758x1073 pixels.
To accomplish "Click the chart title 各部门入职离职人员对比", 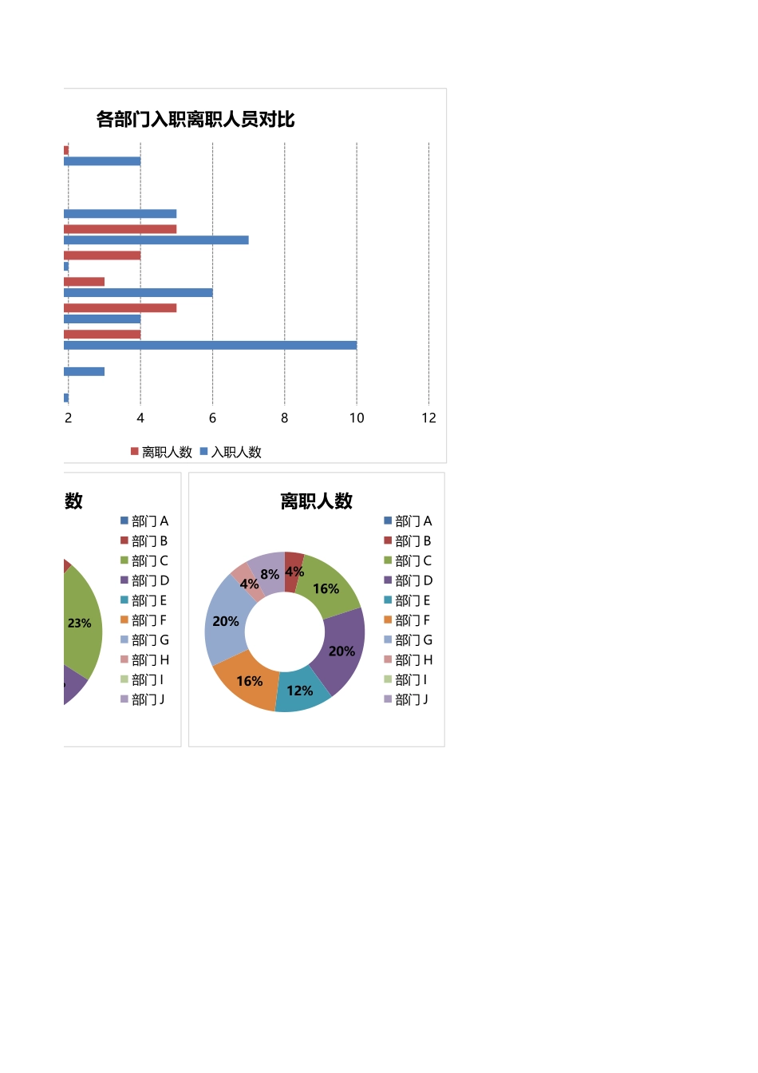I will (x=195, y=120).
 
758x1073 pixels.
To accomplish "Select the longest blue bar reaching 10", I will (x=210, y=346).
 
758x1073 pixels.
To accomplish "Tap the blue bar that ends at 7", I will (x=156, y=240).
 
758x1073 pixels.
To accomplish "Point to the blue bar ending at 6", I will (x=138, y=293).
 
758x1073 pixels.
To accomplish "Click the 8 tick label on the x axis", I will (x=284, y=418).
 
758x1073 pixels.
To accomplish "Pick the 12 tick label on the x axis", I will (x=428, y=418).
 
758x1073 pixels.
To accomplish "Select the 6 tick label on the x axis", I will (x=212, y=418).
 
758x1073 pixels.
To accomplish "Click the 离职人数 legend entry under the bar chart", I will (x=161, y=453).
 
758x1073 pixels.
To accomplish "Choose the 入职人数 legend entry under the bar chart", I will (x=231, y=453).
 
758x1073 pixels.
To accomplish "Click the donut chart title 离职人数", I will (x=316, y=501).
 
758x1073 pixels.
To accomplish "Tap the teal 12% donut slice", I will (x=302, y=691).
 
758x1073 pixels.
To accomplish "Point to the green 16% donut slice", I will (x=328, y=587).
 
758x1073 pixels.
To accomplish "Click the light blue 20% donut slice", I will (x=224, y=621).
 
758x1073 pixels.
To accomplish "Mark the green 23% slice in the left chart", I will (x=82, y=623).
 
